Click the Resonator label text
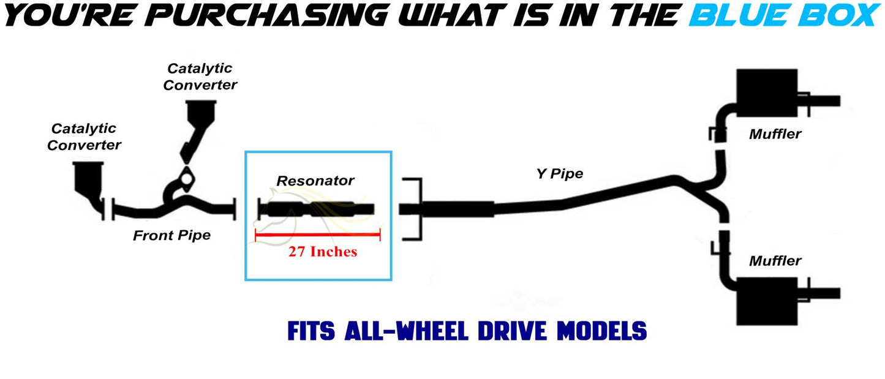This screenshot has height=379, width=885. [315, 181]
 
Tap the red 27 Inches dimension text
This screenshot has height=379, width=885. [322, 252]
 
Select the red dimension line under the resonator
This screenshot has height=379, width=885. [318, 235]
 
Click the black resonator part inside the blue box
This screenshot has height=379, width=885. [316, 209]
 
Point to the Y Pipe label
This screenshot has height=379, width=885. [559, 174]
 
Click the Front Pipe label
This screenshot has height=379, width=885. [171, 236]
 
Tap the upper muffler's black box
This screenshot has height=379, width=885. [767, 93]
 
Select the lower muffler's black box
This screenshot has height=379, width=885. [767, 301]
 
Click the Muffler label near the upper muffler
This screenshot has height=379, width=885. [775, 134]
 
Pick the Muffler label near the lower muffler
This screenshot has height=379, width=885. [775, 261]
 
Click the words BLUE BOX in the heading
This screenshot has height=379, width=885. [784, 15]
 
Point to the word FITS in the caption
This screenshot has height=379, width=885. [311, 331]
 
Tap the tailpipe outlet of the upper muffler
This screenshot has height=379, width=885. [824, 101]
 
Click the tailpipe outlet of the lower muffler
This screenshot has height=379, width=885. [824, 293]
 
